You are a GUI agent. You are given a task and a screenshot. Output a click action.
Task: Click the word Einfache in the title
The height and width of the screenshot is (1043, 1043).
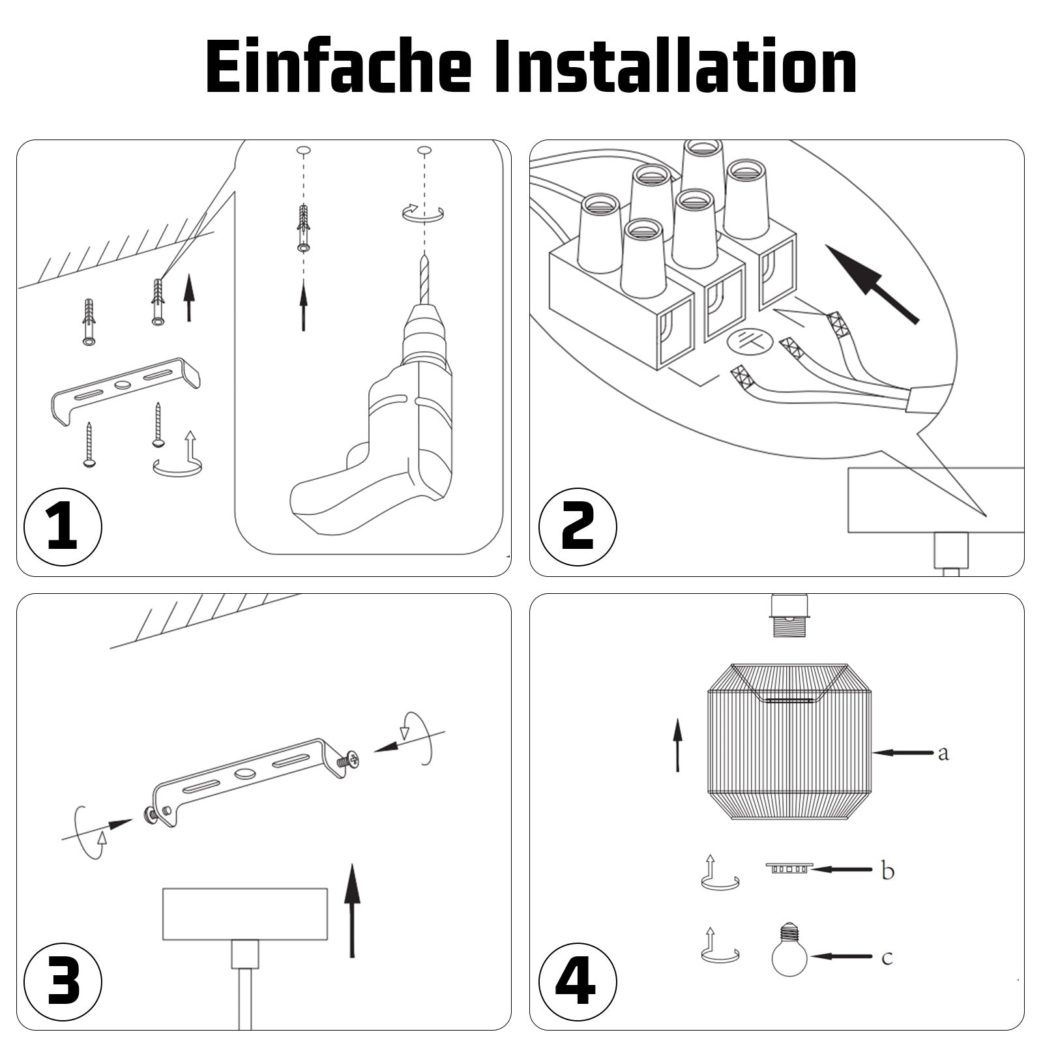click(338, 67)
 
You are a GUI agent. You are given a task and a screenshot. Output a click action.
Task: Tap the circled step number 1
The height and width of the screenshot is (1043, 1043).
click(63, 526)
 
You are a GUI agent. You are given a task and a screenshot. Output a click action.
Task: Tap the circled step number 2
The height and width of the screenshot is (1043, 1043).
click(578, 526)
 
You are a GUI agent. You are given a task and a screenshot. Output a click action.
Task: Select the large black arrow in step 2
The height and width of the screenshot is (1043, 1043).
click(872, 284)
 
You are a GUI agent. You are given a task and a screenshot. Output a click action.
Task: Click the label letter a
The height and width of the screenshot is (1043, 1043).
click(943, 754)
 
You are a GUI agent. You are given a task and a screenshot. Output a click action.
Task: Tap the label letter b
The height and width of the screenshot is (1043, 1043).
click(887, 870)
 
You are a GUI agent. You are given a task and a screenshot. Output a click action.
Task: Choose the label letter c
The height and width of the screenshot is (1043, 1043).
click(887, 958)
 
